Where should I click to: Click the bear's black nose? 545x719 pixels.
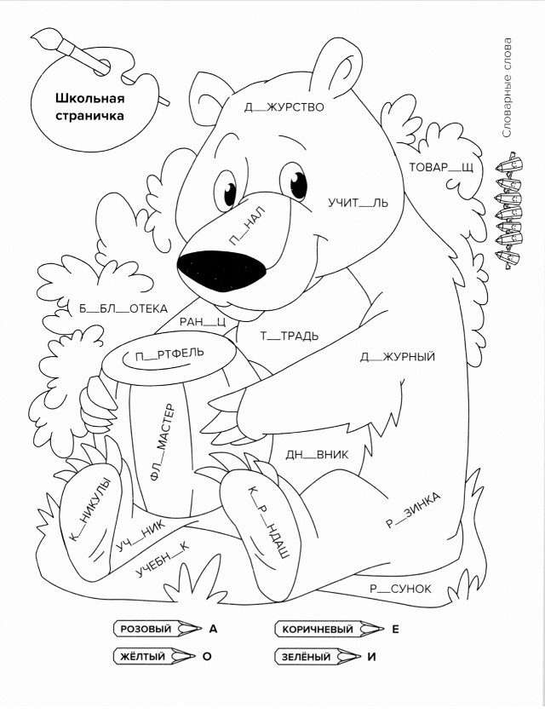click(x=222, y=272)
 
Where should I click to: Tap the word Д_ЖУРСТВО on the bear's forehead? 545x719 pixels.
click(x=284, y=107)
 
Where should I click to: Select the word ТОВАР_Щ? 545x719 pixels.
click(x=440, y=167)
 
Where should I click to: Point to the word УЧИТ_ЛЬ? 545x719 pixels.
click(x=358, y=202)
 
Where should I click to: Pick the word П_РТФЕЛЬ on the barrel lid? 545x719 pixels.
click(x=169, y=354)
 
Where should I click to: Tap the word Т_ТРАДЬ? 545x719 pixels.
click(x=290, y=336)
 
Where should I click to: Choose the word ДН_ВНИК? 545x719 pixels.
click(x=317, y=455)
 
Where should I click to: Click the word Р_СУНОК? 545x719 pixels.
click(x=400, y=589)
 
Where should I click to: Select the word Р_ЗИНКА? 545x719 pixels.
click(x=413, y=509)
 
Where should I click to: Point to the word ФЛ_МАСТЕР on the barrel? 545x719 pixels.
click(x=163, y=441)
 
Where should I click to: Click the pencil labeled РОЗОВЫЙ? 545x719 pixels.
click(x=158, y=629)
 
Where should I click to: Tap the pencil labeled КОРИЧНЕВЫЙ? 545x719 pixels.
click(x=329, y=629)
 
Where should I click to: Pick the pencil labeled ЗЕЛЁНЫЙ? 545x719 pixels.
click(x=318, y=656)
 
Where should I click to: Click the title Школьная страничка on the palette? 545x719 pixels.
click(x=90, y=106)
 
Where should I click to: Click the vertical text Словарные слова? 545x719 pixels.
click(x=507, y=88)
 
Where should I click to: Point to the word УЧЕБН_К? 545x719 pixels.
click(x=162, y=559)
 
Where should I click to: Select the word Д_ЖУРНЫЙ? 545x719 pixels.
click(x=398, y=357)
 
